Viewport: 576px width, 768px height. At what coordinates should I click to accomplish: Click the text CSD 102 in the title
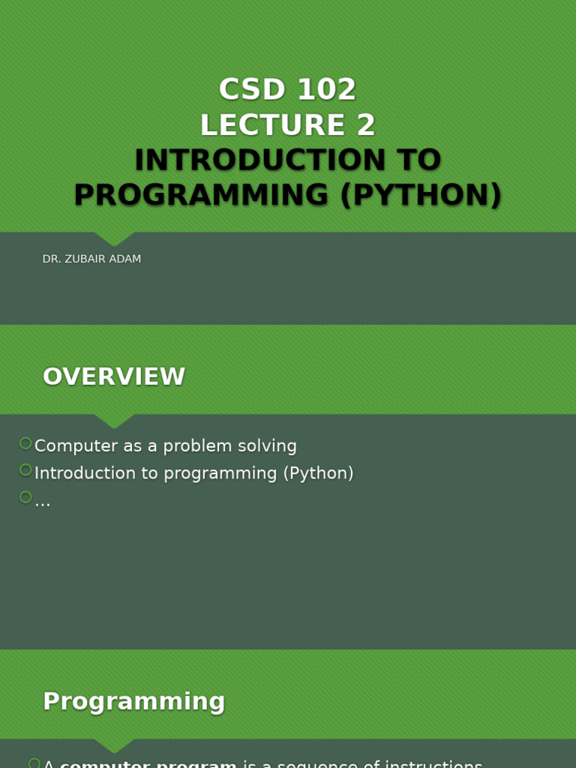click(x=287, y=90)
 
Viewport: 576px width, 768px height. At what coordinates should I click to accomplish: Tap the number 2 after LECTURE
click(x=366, y=125)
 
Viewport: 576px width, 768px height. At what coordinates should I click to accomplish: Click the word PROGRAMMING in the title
click(x=201, y=196)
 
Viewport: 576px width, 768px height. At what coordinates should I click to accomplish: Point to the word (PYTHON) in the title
click(x=421, y=196)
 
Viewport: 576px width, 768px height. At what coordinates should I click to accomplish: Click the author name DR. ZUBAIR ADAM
click(x=91, y=259)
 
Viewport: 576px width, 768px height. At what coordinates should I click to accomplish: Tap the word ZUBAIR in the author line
click(x=90, y=259)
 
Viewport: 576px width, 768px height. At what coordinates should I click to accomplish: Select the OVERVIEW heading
click(x=114, y=376)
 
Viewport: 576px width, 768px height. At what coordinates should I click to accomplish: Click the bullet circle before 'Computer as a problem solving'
click(x=25, y=443)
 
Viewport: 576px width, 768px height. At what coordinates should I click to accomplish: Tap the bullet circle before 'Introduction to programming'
click(x=25, y=470)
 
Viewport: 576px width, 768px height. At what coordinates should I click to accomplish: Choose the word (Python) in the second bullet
click(x=318, y=473)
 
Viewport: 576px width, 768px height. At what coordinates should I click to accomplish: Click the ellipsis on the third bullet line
click(x=43, y=502)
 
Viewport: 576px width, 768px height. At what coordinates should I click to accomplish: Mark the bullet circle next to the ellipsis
click(x=25, y=497)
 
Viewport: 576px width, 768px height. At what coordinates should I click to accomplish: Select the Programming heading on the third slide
click(x=134, y=701)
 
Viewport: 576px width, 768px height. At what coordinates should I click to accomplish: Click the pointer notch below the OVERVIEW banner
click(x=114, y=421)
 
